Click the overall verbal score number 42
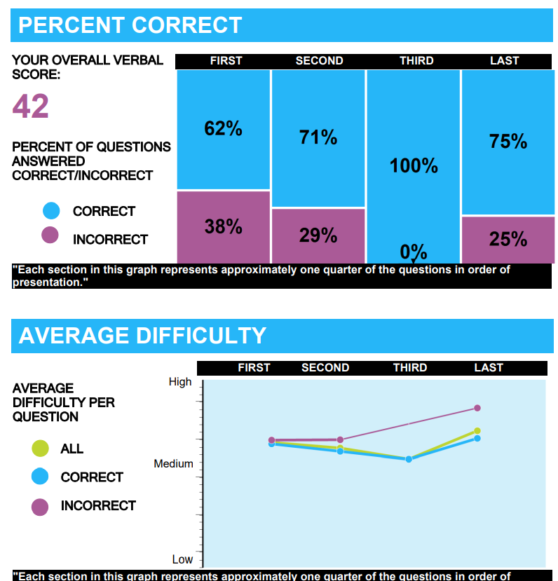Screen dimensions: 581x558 [31, 107]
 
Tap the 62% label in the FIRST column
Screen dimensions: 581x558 [223, 129]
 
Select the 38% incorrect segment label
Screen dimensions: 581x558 [223, 226]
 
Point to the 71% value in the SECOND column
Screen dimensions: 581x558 [318, 137]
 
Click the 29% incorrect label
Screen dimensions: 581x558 [318, 235]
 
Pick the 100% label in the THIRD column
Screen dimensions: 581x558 [414, 166]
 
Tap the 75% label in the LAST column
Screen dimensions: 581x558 [508, 142]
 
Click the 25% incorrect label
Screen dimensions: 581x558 [508, 240]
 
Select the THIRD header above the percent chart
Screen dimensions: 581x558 [416, 61]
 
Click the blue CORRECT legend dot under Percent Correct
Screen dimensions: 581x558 [50, 211]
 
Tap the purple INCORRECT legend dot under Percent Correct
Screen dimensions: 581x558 [50, 235]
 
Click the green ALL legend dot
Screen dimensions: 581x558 [41, 449]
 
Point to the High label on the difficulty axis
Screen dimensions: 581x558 [179, 382]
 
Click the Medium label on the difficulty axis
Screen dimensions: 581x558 [173, 464]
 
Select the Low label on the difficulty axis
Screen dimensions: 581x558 [182, 559]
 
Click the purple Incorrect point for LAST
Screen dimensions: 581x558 [477, 408]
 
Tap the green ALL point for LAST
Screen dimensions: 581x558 [477, 430]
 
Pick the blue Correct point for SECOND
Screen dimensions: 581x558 [340, 451]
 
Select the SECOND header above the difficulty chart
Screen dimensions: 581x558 [325, 368]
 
